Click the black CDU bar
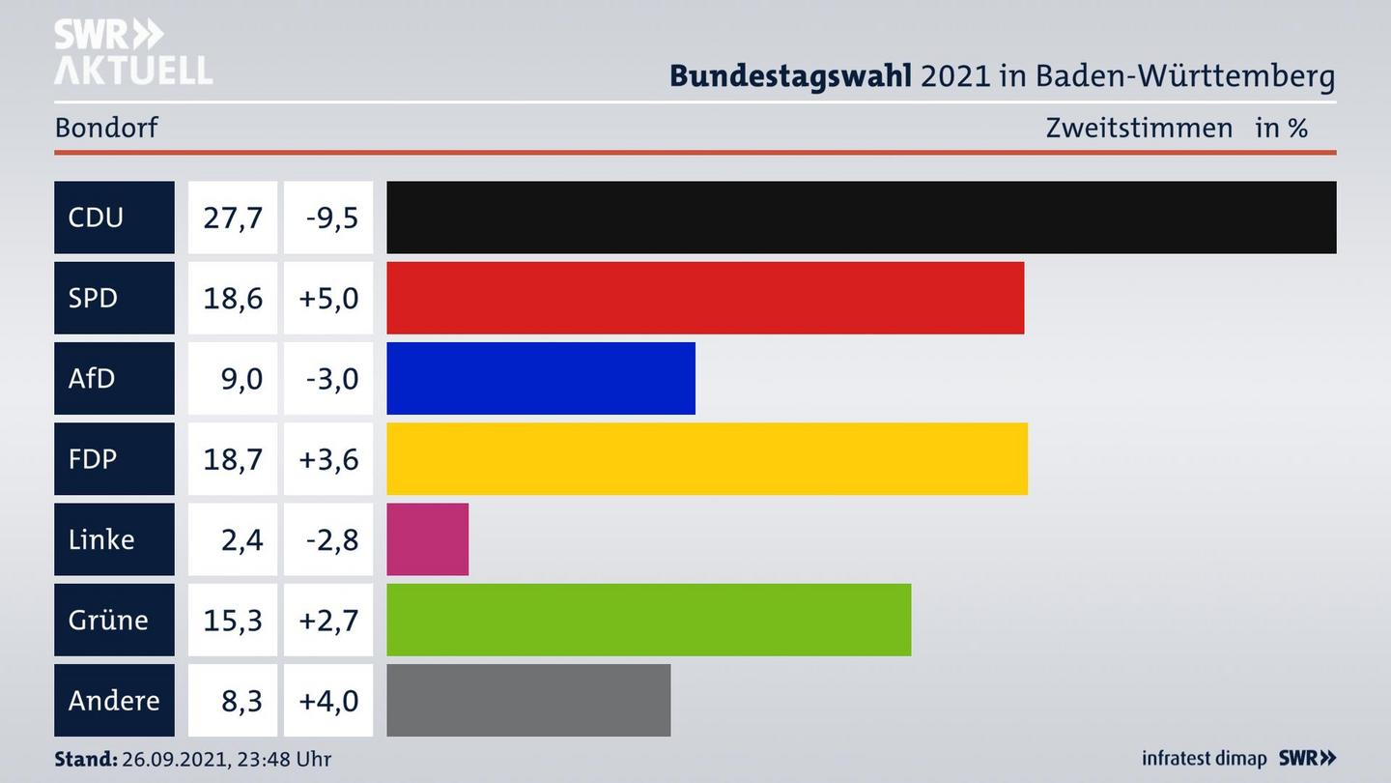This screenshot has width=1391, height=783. coord(861,217)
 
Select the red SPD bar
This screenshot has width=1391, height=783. coord(705,298)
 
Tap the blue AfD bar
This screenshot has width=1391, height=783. coord(541,378)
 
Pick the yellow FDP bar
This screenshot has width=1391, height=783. coord(707,458)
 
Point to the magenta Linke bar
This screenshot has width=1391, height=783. coord(428,539)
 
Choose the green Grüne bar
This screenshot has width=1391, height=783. coord(648,620)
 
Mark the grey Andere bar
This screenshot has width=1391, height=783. coord(528,700)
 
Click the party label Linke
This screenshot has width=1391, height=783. coord(101,539)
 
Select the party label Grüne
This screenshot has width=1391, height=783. coord(108,620)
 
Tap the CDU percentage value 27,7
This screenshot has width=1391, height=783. coord(233,217)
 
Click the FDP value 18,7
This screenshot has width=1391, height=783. coord(233,458)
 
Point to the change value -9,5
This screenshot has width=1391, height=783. coord(331,217)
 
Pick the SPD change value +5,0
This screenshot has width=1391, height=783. coord(328,298)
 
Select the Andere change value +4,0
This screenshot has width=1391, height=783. coord(328,700)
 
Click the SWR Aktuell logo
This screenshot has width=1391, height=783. coord(133,52)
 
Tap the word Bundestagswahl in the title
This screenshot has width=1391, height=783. coord(790,75)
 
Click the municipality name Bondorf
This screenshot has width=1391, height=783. coord(106,128)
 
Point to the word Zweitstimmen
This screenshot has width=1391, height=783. coord(1139,128)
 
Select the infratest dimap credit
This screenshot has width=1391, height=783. coord(1204,759)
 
